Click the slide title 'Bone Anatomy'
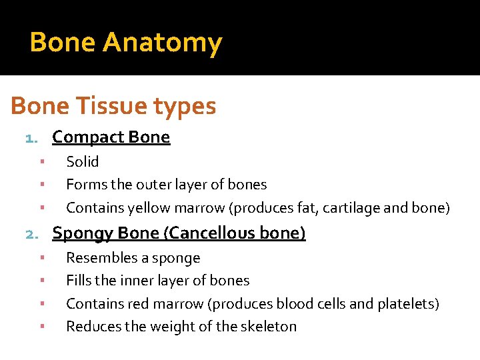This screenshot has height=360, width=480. tap(125, 43)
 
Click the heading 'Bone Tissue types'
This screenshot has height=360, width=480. tap(113, 106)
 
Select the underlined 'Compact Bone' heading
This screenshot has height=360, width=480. tap(111, 137)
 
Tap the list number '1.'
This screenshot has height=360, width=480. tap(33, 139)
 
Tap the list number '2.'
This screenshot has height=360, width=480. tap(33, 234)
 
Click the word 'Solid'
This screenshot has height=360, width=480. tap(83, 162)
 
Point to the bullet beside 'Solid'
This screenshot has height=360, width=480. tap(41, 161)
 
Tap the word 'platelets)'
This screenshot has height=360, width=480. tap(408, 304)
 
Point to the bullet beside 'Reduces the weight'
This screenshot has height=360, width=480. tap(41, 326)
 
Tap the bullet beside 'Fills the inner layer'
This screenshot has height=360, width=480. tap(41, 280)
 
